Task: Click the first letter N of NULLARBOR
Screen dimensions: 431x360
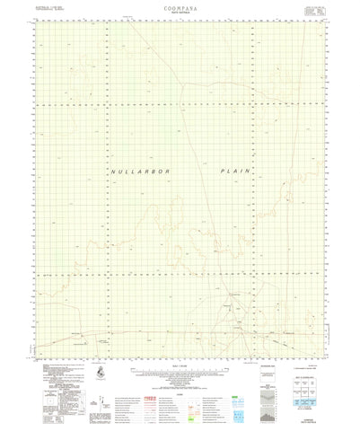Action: [115, 170]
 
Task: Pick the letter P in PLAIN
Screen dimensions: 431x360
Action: [221, 170]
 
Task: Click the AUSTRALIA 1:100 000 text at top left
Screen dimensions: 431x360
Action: [43, 8]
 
